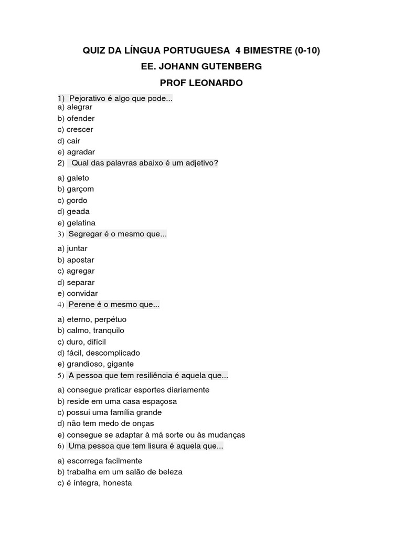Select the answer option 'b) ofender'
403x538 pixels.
tap(76, 118)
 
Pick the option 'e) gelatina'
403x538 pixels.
tap(77, 223)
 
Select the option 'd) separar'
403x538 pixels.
tap(76, 282)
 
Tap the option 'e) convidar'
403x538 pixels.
tap(78, 293)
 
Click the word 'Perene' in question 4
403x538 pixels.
tap(81, 304)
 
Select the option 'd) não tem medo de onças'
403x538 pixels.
tap(105, 423)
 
